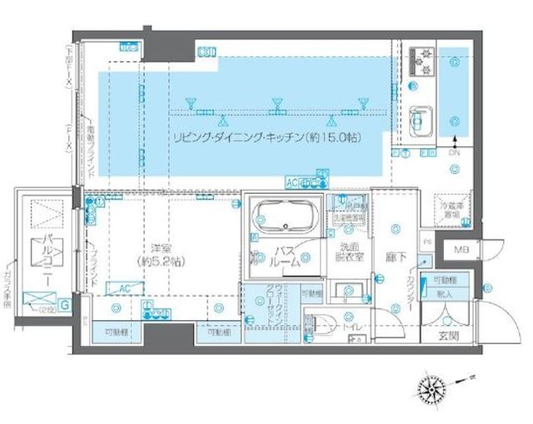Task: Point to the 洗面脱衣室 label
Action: pyautogui.click(x=350, y=253)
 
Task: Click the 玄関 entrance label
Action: pyautogui.click(x=448, y=336)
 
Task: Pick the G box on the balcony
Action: pyautogui.click(x=65, y=305)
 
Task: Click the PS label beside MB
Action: pyautogui.click(x=427, y=242)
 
